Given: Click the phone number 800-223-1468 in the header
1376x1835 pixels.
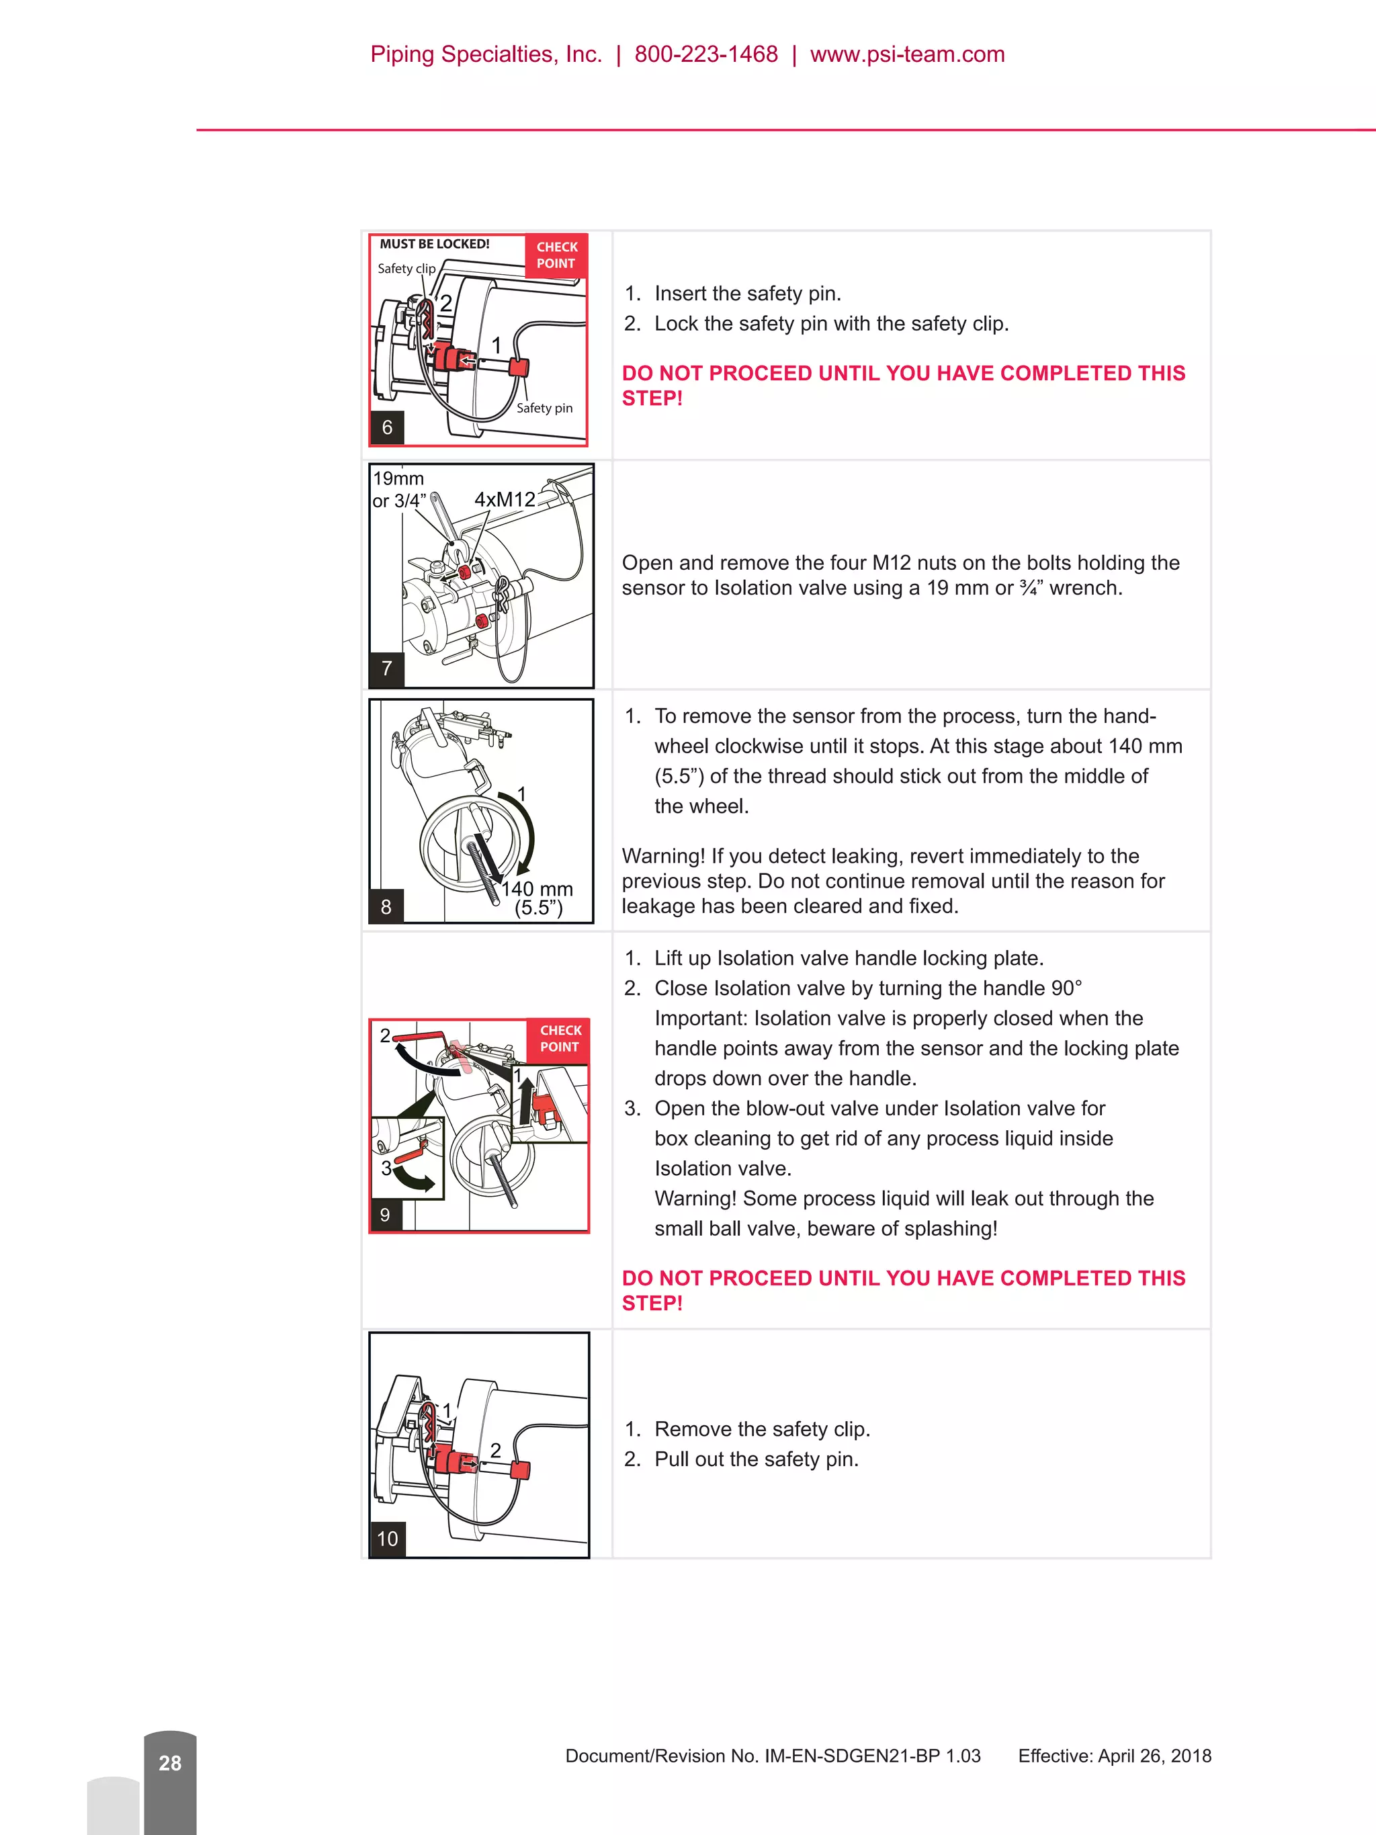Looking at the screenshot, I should click(706, 54).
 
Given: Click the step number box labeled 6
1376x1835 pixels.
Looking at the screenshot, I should click(386, 428).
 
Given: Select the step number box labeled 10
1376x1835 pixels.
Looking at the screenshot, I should click(388, 1539).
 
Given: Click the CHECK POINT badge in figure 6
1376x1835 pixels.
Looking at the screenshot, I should click(556, 255).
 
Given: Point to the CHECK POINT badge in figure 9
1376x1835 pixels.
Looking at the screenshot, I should click(560, 1039).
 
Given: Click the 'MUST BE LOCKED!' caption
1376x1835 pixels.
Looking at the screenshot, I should click(435, 244).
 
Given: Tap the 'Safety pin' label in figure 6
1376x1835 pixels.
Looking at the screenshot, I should click(544, 408).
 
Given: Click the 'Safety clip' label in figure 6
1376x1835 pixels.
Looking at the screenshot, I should click(406, 269).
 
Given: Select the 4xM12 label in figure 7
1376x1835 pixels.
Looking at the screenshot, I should click(505, 499).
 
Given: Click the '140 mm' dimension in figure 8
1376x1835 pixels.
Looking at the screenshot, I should click(537, 890).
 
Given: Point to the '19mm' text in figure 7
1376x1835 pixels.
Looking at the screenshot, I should click(398, 478).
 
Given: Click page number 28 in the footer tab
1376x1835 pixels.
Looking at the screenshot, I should click(170, 1763).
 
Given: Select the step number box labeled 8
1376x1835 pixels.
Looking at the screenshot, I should click(386, 906).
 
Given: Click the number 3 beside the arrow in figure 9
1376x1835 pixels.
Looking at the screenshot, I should click(386, 1168).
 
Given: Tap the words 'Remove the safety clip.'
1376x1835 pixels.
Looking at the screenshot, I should click(761, 1428).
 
